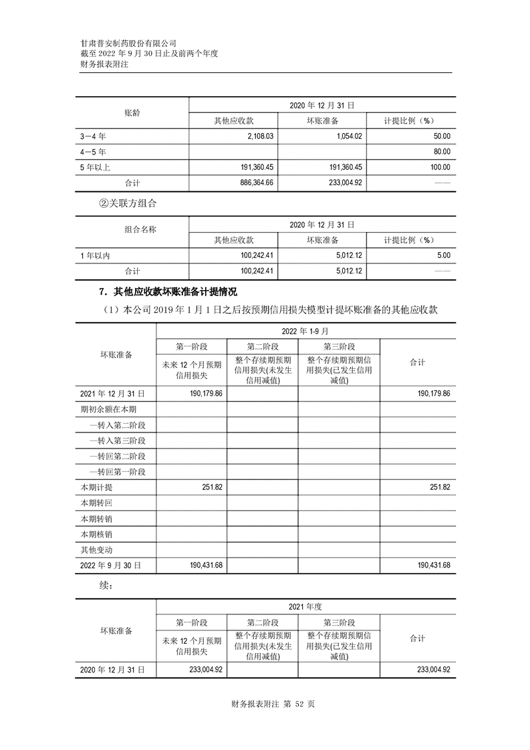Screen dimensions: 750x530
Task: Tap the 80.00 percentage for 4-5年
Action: [x=442, y=152]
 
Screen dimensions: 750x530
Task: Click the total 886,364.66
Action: [x=247, y=182]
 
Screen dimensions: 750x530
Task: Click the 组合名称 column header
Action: [x=140, y=230]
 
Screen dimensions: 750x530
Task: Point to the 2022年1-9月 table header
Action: [x=305, y=331]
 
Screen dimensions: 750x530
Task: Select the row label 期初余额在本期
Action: [x=108, y=409]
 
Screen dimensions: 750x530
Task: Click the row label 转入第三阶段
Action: [x=118, y=441]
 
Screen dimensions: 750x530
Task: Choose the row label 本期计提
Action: [x=96, y=487]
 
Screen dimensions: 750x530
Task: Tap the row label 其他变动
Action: [x=96, y=550]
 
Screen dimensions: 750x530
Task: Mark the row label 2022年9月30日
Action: [x=111, y=566]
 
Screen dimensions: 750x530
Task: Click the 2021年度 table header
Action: [x=305, y=606]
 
